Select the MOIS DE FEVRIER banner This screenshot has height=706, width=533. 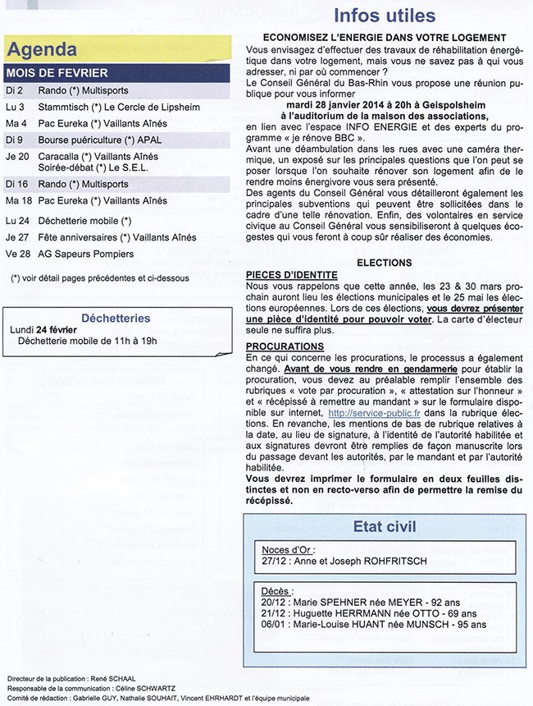coord(57,73)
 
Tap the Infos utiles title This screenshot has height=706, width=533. coord(385,16)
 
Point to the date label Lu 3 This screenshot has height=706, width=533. coord(15,107)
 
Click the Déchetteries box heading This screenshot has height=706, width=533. coord(116,318)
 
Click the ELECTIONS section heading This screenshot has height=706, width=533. coord(384,263)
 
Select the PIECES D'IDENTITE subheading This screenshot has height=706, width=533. coord(291,276)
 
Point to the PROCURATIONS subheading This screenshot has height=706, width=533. coord(285,346)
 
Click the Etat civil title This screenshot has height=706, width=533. coord(385,525)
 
